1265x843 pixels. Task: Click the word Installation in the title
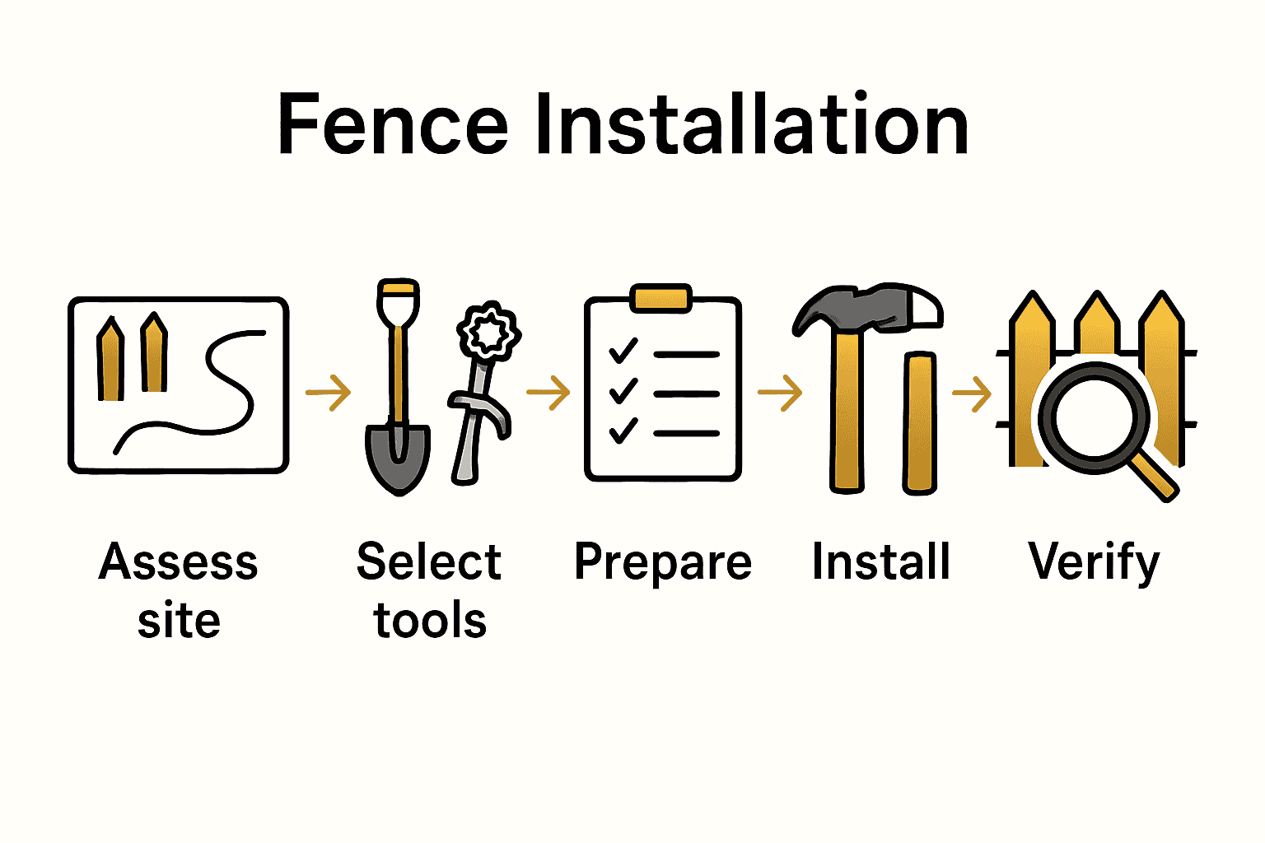click(751, 125)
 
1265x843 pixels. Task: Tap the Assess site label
click(179, 590)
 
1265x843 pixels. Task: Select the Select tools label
click(429, 590)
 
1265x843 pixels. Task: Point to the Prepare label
click(663, 563)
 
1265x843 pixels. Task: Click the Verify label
click(1095, 563)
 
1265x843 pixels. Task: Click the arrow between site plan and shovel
click(329, 393)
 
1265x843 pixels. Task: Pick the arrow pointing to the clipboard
click(548, 393)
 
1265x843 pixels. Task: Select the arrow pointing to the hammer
click(780, 393)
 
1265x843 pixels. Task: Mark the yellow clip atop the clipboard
click(661, 297)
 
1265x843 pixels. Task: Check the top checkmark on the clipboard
click(623, 351)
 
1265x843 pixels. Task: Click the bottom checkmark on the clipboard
click(623, 430)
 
